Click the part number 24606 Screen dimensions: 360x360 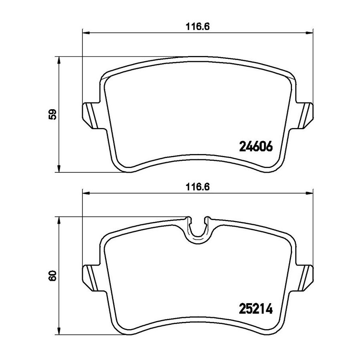[x=256, y=146]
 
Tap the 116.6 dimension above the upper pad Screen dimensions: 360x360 [x=198, y=27]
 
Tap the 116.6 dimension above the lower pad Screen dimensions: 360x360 [x=198, y=187]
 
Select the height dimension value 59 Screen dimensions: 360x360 [x=53, y=114]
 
